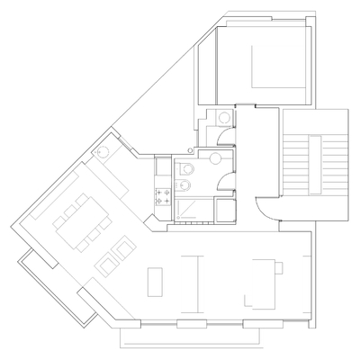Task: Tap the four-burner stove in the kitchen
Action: point(163,193)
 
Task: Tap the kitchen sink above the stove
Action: point(162,168)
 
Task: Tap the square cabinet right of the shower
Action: point(223,210)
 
